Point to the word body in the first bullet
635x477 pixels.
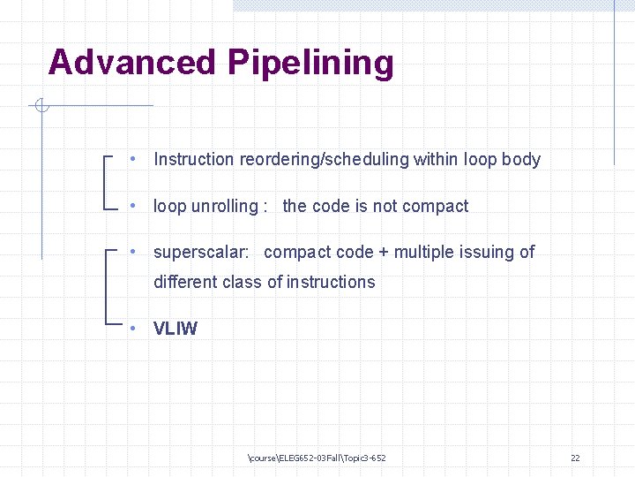point(521,160)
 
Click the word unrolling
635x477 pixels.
point(225,207)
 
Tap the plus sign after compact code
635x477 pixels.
point(384,253)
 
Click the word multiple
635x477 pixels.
point(423,253)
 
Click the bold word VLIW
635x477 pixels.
point(176,329)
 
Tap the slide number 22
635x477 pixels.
point(575,458)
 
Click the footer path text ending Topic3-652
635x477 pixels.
point(317,458)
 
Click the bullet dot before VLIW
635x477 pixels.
point(131,329)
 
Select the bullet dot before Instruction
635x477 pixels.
point(131,160)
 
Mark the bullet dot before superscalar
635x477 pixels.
point(131,253)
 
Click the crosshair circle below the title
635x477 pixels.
point(41,107)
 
